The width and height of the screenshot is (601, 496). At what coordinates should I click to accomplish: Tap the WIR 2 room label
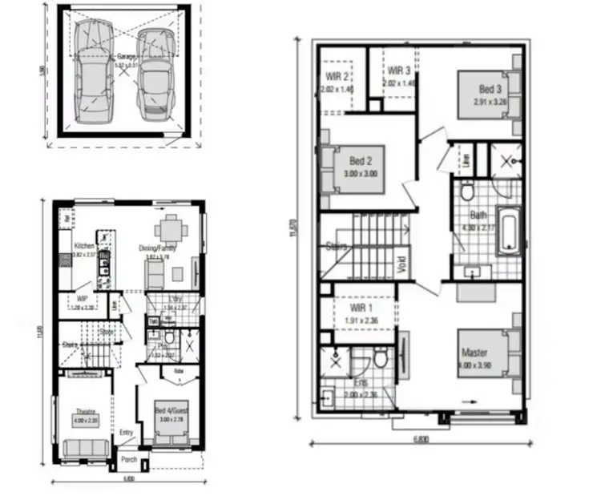pos(337,77)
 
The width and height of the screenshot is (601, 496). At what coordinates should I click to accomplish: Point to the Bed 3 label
pos(491,90)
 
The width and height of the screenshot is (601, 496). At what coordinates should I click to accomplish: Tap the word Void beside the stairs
pos(401,263)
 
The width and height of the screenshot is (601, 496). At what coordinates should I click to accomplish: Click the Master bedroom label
pos(474,353)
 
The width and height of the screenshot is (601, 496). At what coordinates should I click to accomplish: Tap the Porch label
pos(128,462)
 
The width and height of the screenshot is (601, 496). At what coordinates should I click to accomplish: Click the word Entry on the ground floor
pos(126,433)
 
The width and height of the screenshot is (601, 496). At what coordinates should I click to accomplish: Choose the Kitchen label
pos(85,246)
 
